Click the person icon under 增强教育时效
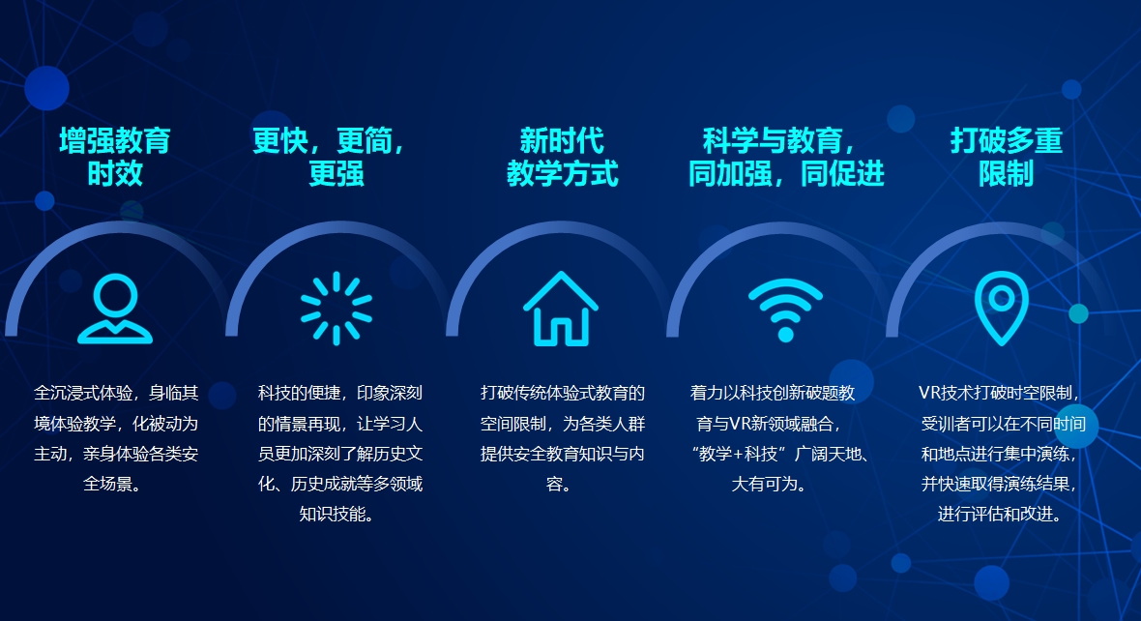(x=115, y=309)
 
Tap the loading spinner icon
(x=336, y=309)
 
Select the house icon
(x=561, y=309)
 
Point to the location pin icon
(x=1001, y=309)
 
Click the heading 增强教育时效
(x=115, y=157)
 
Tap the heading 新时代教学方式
(x=562, y=157)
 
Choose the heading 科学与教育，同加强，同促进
(x=785, y=157)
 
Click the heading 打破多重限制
(x=1006, y=157)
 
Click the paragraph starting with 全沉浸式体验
(x=115, y=438)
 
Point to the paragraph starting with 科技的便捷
(x=339, y=453)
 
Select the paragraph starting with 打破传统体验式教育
(x=562, y=438)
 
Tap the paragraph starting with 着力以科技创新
(x=785, y=438)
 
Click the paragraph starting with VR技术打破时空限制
(x=1006, y=453)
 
